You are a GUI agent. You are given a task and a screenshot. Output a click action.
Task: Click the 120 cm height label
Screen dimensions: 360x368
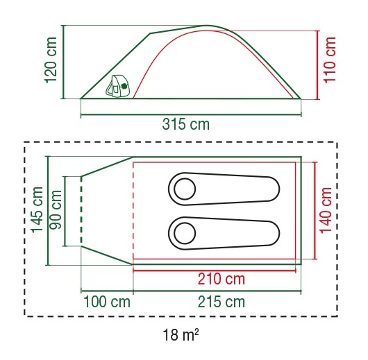(51, 61)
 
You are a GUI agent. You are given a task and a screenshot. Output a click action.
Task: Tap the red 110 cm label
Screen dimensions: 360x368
(331, 63)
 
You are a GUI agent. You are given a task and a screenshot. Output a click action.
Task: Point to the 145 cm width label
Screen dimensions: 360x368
(36, 210)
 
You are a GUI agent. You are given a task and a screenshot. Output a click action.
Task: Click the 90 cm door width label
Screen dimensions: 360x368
(56, 211)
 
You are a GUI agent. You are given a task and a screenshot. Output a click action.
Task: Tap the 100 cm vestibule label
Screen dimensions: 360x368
(107, 302)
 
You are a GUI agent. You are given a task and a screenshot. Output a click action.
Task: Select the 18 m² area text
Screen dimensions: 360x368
(179, 338)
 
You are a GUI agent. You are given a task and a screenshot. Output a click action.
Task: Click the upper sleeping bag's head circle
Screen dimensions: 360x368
(185, 188)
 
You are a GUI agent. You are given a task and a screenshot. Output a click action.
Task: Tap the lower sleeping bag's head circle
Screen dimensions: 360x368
(185, 232)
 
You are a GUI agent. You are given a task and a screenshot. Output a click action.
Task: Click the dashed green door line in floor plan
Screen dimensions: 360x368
(81, 211)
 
